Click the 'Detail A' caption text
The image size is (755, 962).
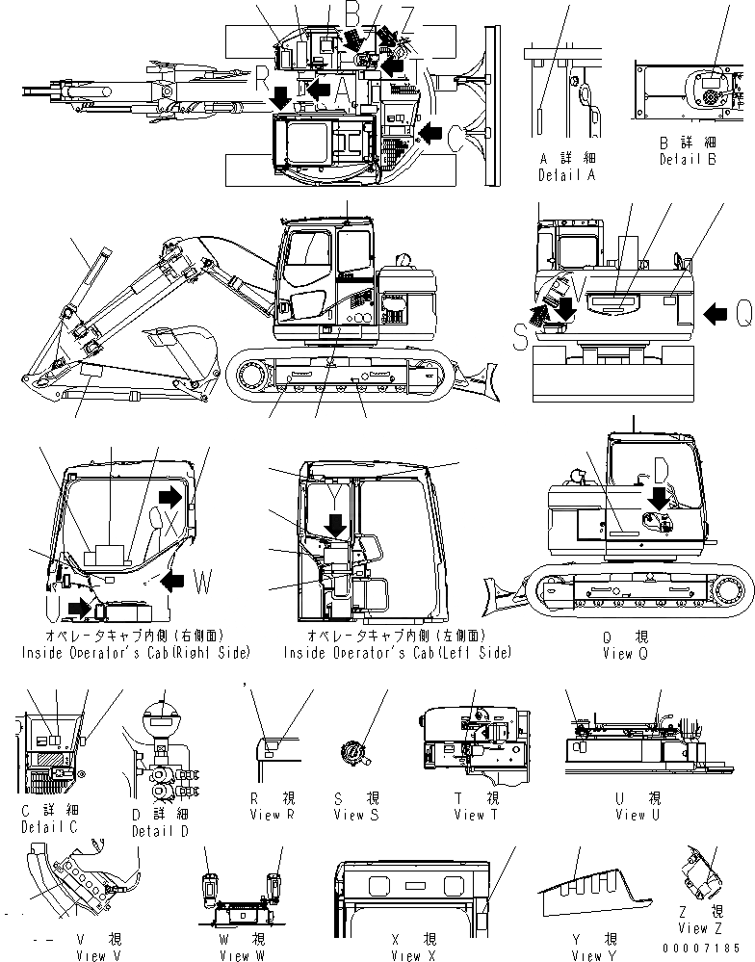566,175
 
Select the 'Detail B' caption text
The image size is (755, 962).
688,160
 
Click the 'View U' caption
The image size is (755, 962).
631,815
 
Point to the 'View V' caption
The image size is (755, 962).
102,955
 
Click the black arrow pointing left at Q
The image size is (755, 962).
717,311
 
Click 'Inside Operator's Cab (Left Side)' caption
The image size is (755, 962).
397,652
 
